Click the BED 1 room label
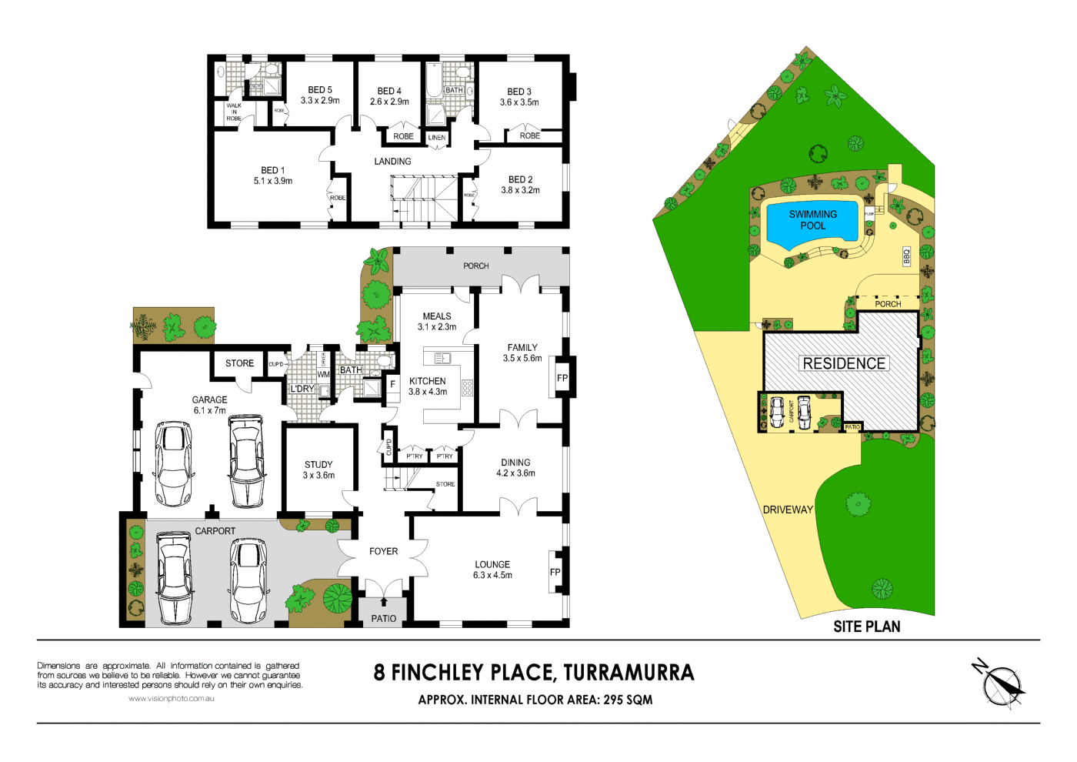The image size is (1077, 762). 272,170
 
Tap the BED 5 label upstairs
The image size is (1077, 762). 320,90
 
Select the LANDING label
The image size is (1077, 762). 392,162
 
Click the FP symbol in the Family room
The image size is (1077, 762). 562,378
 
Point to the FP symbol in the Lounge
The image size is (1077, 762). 555,572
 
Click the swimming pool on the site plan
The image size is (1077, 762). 812,220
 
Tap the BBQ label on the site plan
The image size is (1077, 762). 907,256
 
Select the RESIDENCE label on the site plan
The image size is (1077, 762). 844,363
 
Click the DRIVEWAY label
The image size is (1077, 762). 788,510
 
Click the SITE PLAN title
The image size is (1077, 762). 866,627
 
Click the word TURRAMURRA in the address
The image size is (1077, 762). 629,673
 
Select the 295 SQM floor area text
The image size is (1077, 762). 628,700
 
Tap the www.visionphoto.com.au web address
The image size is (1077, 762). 171,699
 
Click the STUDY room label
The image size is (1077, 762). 318,465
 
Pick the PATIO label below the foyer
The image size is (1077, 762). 384,618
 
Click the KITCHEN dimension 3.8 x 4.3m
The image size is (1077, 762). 428,392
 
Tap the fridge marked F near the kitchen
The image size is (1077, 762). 392,383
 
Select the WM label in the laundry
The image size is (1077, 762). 323,375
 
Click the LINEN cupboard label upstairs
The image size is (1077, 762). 437,138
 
